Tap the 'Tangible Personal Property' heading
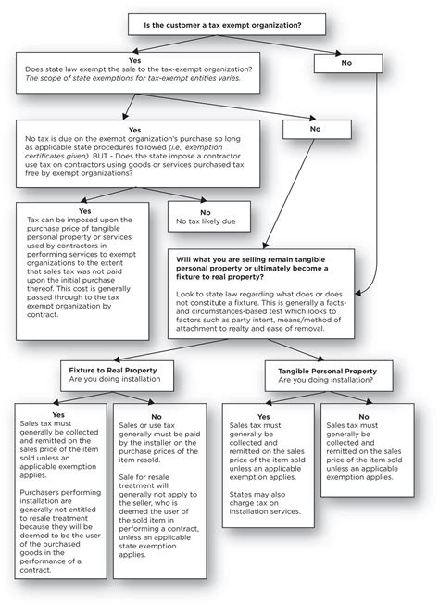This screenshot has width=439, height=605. [320, 371]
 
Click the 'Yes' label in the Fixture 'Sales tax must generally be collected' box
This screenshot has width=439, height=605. [58, 414]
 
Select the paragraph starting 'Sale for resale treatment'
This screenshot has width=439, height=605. [163, 506]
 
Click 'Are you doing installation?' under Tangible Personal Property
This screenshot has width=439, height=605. [320, 381]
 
